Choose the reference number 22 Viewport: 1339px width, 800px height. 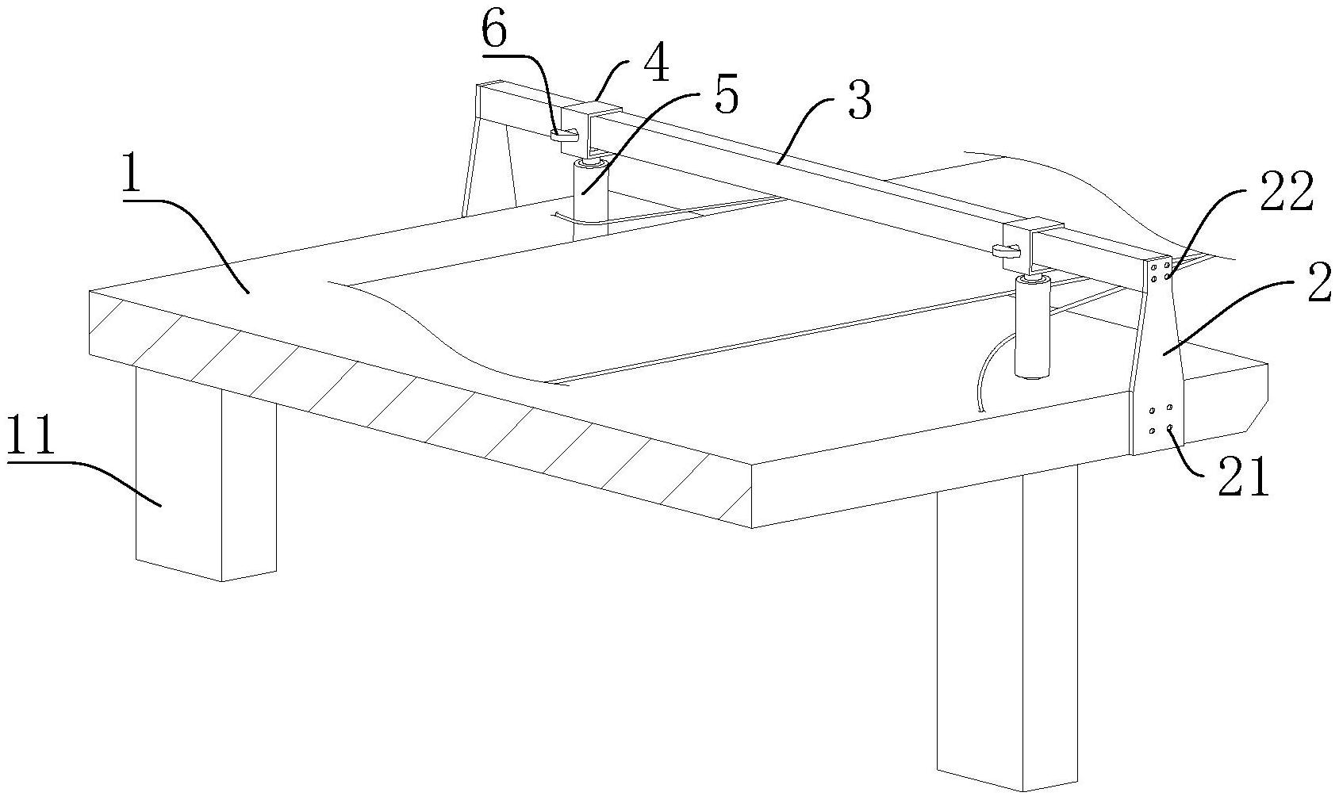(x=1286, y=193)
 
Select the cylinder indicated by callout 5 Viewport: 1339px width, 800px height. (x=590, y=194)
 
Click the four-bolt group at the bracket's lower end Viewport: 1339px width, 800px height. (x=1161, y=420)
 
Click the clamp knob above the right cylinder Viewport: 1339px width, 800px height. (x=1003, y=251)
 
